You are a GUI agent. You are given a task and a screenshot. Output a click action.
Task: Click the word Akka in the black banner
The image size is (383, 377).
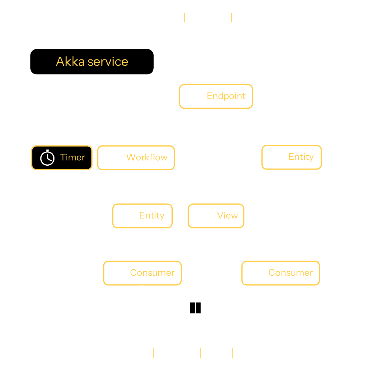click(70, 62)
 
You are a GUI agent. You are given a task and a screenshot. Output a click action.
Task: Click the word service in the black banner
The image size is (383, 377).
click(108, 62)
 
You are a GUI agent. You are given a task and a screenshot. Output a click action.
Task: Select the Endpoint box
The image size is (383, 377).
click(216, 96)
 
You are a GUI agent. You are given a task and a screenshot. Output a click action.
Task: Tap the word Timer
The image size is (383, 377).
click(73, 157)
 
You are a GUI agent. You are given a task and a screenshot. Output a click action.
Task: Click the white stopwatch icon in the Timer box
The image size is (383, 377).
click(47, 158)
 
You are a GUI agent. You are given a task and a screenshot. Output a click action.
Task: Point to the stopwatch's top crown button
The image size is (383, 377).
click(47, 151)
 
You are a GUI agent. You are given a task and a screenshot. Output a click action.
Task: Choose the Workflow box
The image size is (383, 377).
click(136, 158)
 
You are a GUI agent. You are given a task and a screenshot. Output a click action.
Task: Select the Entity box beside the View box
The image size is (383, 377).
click(142, 216)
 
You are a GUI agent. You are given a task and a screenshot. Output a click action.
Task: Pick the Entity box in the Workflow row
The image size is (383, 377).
click(291, 157)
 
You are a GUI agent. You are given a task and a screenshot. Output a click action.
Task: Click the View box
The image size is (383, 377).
click(216, 216)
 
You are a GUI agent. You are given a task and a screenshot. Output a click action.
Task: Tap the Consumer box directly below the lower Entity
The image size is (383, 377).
click(142, 273)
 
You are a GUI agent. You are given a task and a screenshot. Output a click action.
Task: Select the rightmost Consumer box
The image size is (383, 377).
click(281, 273)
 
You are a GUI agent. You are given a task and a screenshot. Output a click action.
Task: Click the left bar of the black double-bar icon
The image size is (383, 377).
click(192, 308)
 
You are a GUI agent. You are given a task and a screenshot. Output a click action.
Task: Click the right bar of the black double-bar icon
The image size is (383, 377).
click(198, 308)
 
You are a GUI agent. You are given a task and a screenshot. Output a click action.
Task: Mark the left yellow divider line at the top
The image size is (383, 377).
click(184, 17)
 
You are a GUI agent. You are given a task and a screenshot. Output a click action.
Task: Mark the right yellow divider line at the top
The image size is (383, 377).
click(231, 17)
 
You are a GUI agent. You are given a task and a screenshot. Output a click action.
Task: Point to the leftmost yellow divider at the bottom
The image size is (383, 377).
click(153, 353)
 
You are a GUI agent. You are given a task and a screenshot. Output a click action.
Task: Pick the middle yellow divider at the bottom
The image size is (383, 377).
click(200, 353)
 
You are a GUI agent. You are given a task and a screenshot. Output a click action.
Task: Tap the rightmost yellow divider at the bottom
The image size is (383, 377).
click(233, 353)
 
